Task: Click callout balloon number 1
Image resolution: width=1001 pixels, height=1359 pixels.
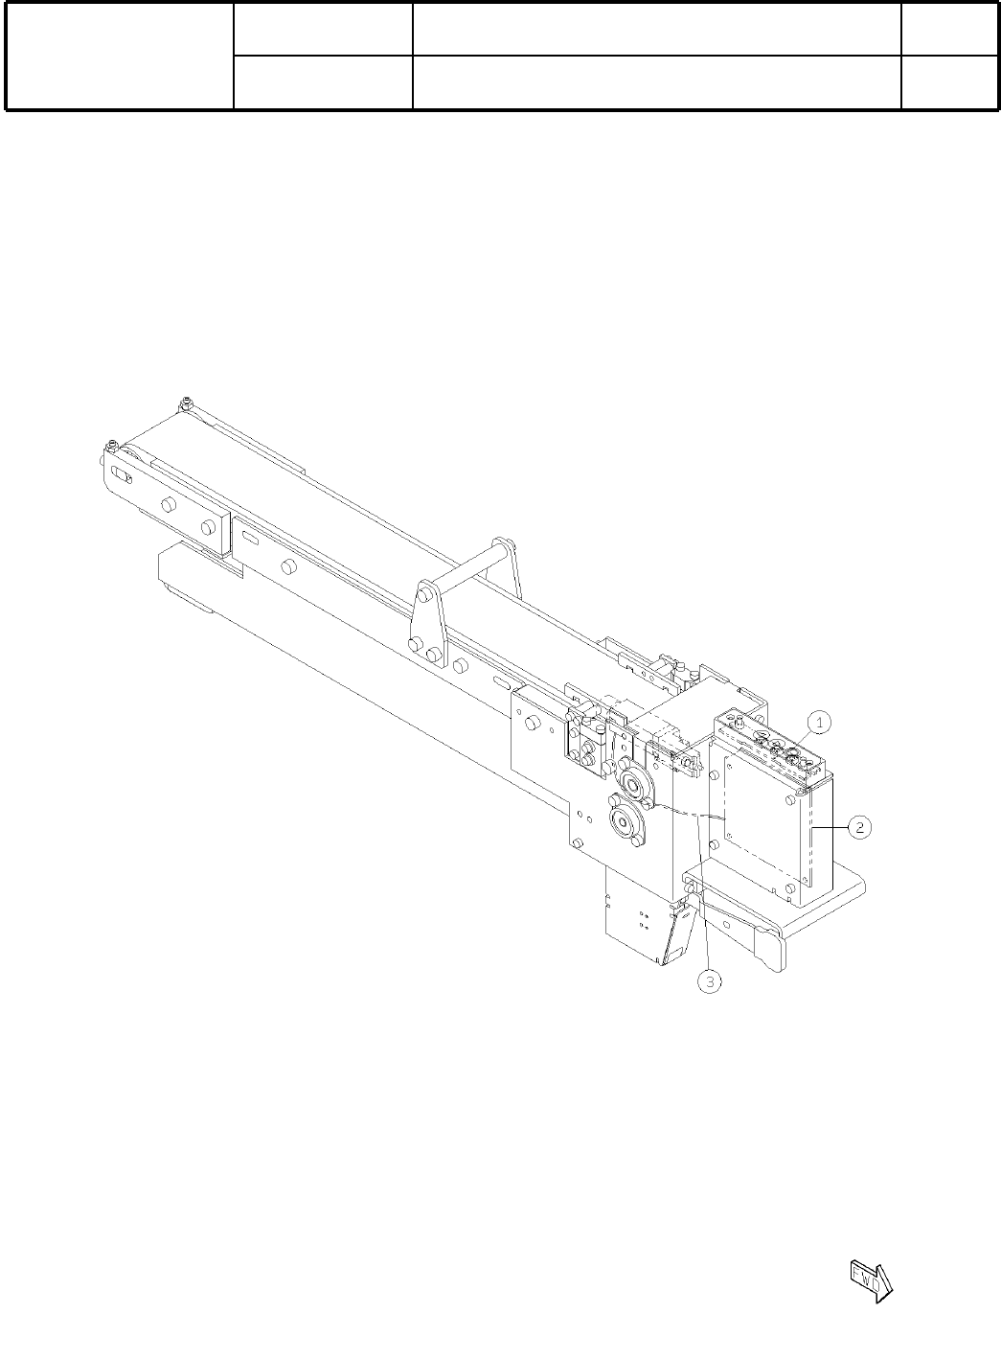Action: tap(820, 722)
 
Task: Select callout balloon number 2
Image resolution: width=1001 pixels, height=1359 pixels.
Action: tap(860, 826)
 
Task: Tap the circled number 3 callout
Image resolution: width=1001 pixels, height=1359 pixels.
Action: tap(710, 981)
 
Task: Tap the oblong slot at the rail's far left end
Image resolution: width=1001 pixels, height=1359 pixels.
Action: tap(123, 477)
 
